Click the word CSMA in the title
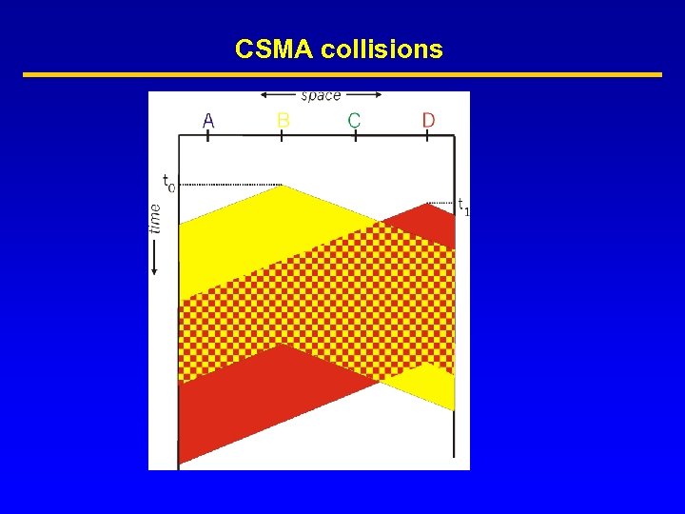click(275, 49)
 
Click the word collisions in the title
click(382, 49)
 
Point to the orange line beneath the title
click(342, 74)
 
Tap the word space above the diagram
click(321, 95)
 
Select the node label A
click(208, 120)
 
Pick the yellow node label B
click(283, 120)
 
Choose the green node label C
click(354, 120)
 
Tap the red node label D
click(428, 120)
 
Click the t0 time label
click(167, 182)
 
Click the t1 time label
click(463, 206)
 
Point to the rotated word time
click(156, 215)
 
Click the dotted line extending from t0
click(228, 185)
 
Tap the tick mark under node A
click(207, 136)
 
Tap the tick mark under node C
click(355, 136)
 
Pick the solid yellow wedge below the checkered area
click(428, 385)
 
